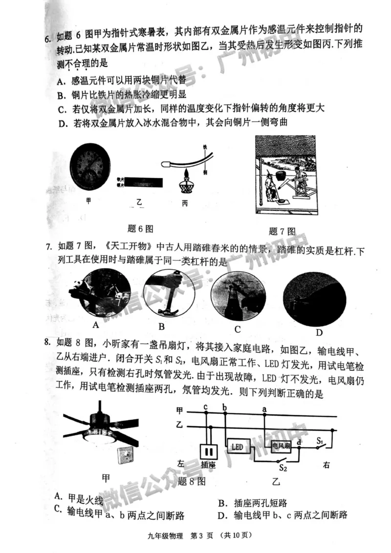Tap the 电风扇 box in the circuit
point(281,446)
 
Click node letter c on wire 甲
point(206,407)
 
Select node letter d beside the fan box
point(299,443)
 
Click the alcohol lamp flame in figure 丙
point(187,174)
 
